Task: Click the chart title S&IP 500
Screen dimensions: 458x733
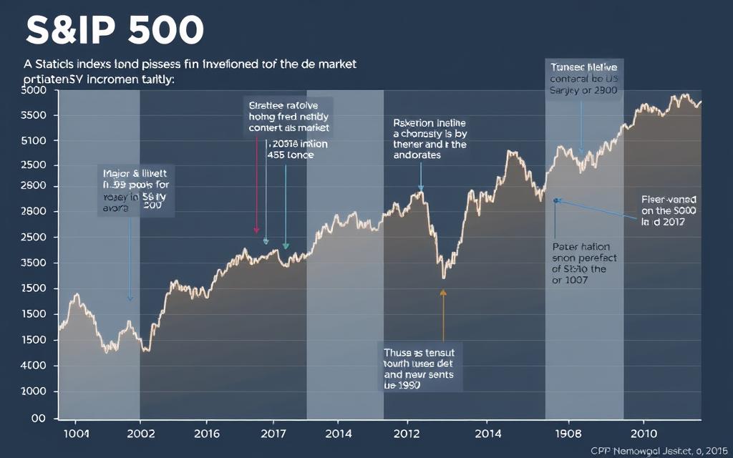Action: (115, 31)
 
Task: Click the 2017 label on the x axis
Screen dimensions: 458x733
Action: (273, 434)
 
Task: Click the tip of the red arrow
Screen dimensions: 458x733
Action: (256, 233)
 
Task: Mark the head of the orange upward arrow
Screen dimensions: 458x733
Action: (443, 291)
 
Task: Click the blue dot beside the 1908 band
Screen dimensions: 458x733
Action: (555, 201)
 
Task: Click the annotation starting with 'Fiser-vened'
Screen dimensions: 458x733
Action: (668, 211)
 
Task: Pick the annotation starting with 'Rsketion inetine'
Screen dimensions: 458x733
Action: (429, 139)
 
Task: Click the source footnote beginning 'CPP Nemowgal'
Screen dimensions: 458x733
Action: (659, 450)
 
